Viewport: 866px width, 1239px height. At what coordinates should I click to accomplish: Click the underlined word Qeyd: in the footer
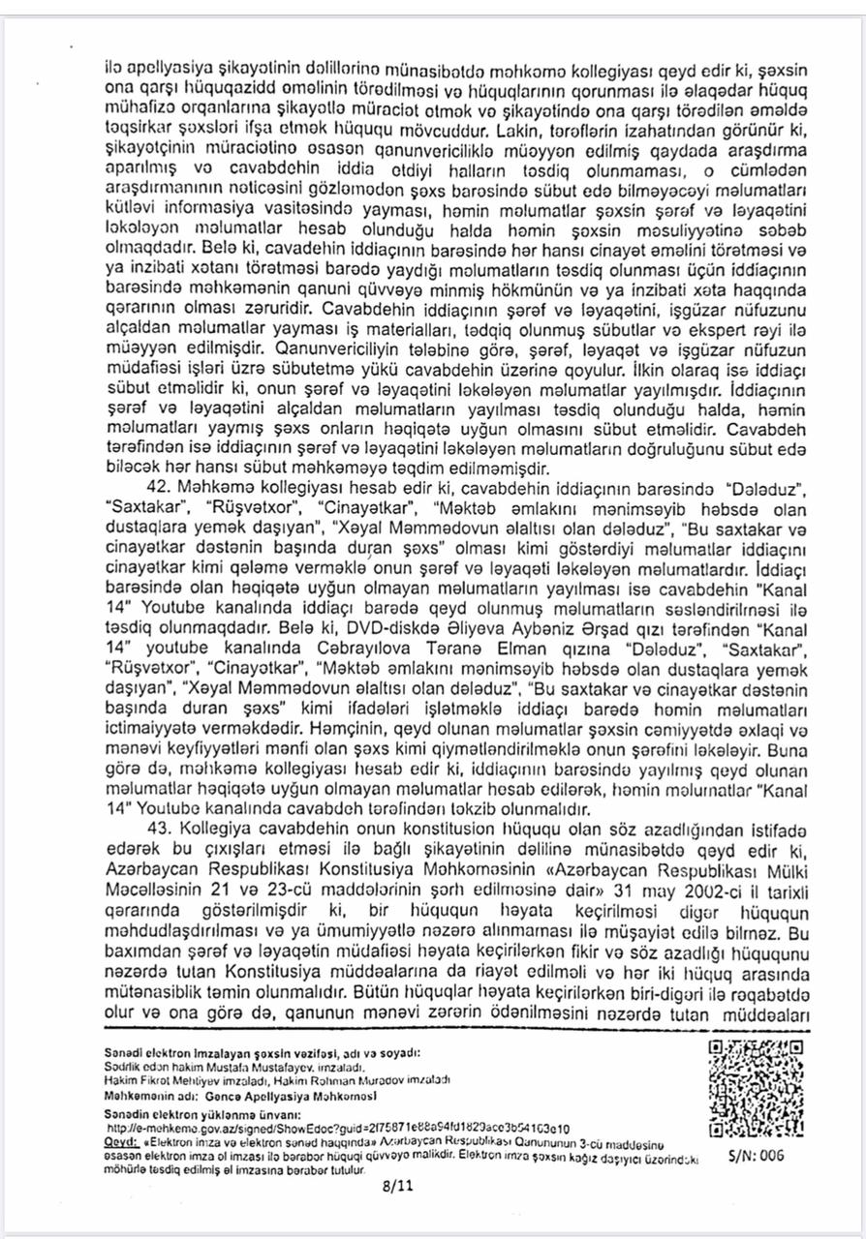pos(121,1140)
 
